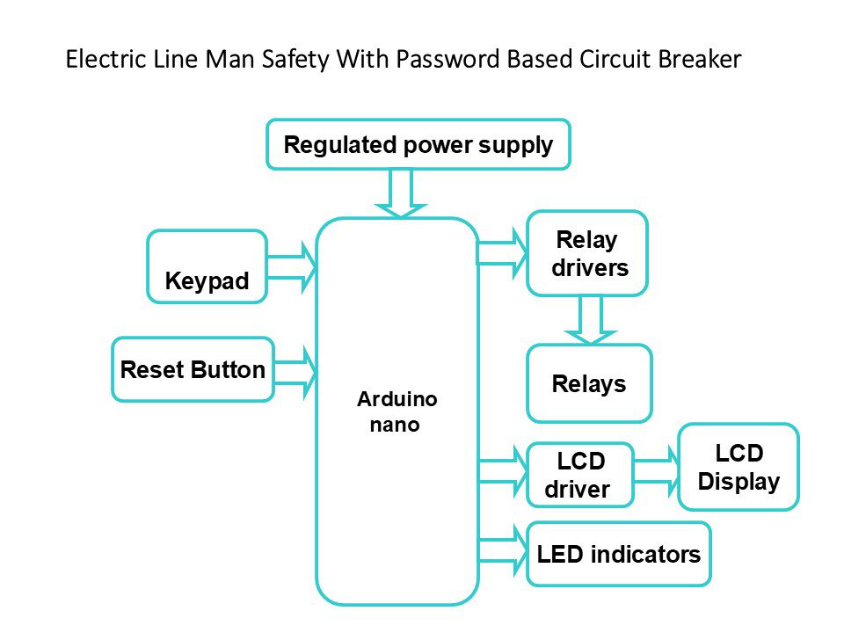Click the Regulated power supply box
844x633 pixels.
pos(418,144)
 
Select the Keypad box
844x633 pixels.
pos(207,266)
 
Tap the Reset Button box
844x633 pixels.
pos(193,369)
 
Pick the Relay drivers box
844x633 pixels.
pos(586,253)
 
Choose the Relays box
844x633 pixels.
pos(589,383)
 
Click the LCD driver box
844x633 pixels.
pos(579,475)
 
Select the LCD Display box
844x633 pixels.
pos(738,467)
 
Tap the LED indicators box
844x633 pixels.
pos(618,554)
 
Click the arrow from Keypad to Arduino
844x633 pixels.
pos(291,267)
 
